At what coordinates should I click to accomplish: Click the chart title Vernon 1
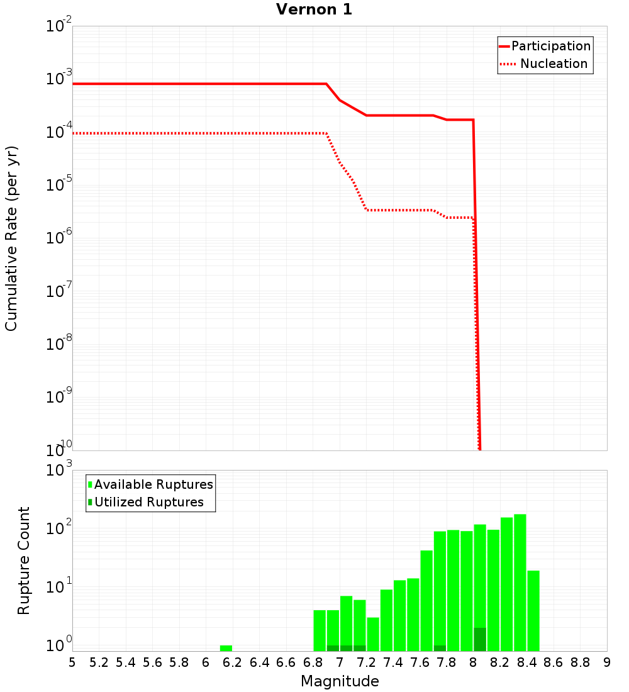point(314,9)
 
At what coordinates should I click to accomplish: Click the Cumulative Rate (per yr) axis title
point(11,238)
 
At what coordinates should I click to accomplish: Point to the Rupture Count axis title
point(24,560)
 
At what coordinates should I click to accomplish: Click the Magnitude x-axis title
point(340,681)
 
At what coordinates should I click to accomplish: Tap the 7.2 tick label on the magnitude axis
point(366,662)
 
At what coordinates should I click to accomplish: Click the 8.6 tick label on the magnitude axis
point(554,662)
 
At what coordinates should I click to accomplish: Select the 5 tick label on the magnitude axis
point(72,662)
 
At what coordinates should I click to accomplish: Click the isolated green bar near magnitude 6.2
point(226,648)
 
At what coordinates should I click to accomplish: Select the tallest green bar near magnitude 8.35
point(520,583)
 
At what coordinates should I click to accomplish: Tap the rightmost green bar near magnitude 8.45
point(533,610)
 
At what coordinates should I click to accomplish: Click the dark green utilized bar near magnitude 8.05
point(480,639)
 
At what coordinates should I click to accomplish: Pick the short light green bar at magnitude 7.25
point(373,634)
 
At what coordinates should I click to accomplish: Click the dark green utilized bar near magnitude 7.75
point(440,648)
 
